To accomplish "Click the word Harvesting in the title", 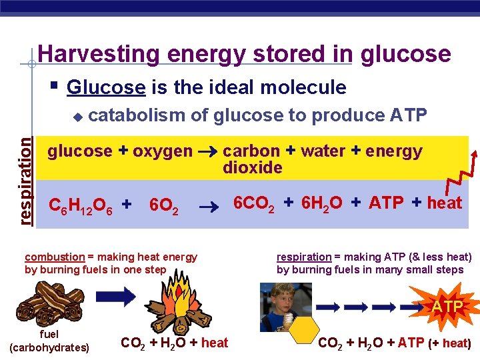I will [84, 54].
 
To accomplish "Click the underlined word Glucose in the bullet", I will [106, 87].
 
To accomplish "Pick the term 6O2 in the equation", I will [164, 205].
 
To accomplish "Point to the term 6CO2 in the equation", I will [254, 203].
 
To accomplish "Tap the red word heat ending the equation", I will [444, 203].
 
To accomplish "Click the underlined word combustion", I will [55, 257].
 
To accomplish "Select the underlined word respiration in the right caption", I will [304, 257].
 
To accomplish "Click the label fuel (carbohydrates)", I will [49, 340].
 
